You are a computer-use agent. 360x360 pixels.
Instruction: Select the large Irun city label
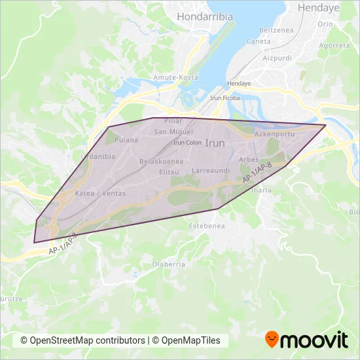215,142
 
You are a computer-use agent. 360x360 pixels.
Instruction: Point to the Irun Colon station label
187,142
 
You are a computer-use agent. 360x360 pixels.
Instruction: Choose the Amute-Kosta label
175,77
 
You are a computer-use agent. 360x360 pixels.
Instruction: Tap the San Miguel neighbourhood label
171,132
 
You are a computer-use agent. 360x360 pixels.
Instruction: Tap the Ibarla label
262,190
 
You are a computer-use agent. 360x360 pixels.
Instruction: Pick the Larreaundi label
210,170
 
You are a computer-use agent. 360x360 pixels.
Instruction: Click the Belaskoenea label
161,161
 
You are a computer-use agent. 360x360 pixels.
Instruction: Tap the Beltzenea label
275,30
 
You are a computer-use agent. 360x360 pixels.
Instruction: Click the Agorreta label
334,46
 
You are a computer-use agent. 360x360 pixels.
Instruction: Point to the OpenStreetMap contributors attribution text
82,340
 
